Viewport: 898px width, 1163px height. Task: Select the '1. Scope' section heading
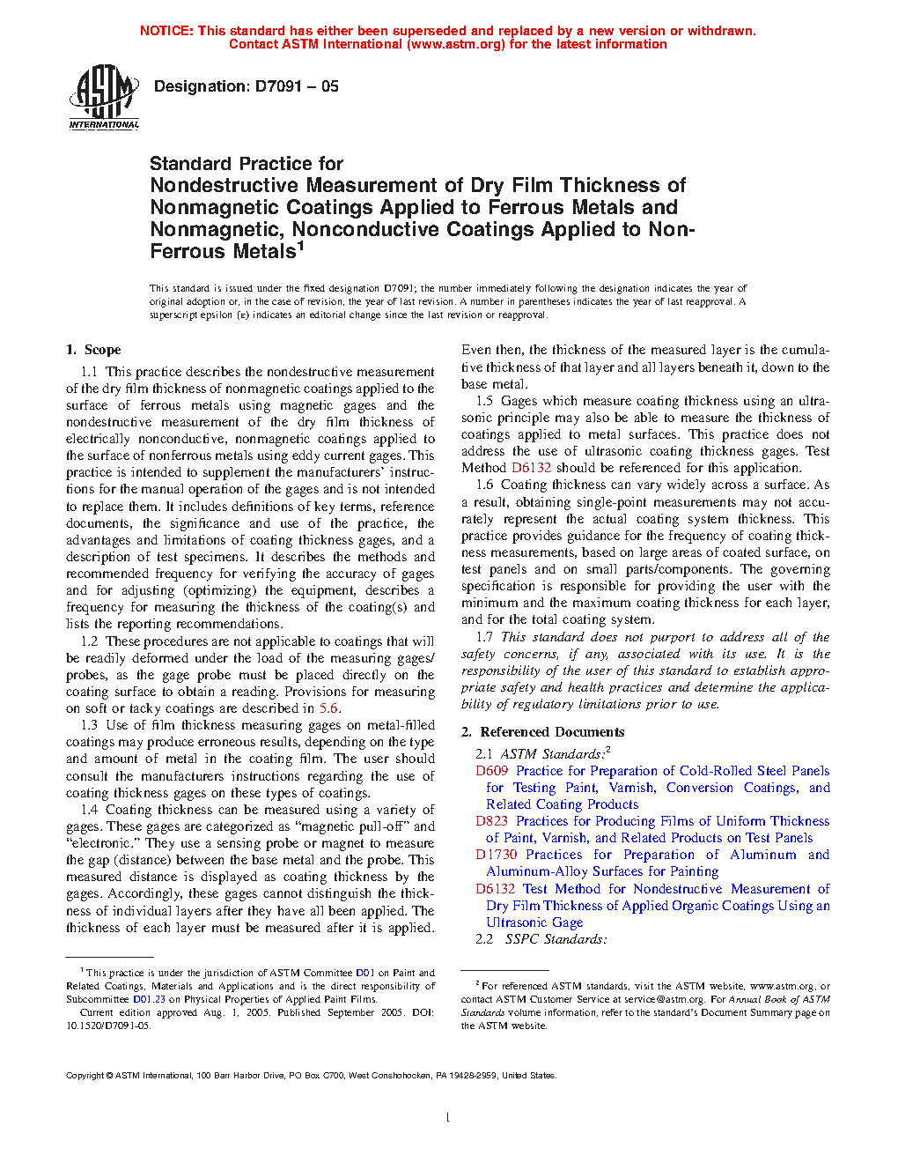click(x=93, y=350)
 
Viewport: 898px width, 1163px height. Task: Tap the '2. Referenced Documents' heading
click(x=542, y=732)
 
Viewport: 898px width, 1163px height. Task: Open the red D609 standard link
click(x=492, y=771)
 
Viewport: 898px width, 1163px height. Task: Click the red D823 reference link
click(x=492, y=821)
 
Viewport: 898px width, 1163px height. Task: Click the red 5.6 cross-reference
click(x=328, y=708)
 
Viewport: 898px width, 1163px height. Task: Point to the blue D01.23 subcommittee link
click(x=149, y=999)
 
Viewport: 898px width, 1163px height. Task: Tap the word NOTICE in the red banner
click(x=166, y=31)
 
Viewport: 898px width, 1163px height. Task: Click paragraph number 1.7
click(x=484, y=637)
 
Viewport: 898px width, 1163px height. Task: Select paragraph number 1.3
click(x=89, y=725)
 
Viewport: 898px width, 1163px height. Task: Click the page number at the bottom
click(x=448, y=1118)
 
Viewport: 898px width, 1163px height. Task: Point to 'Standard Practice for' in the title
click(x=247, y=164)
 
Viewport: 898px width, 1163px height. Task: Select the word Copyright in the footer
click(x=85, y=1075)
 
